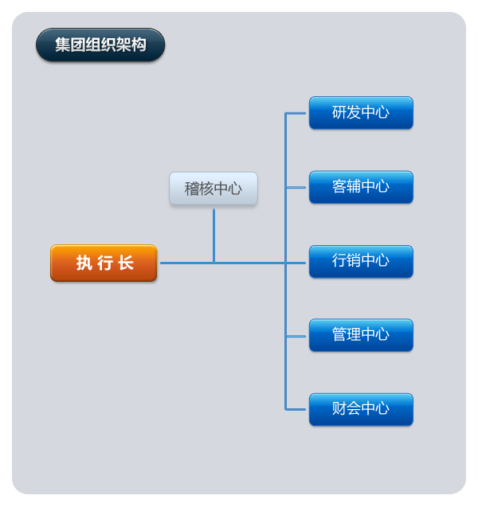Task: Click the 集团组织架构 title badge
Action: pos(100,45)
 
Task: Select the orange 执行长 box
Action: pos(104,263)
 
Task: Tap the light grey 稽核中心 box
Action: pos(214,189)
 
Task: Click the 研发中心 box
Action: pos(361,113)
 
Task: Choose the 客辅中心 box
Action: pos(361,187)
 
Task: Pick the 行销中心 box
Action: pos(361,262)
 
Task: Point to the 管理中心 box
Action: pos(361,335)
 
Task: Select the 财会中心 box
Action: pos(361,409)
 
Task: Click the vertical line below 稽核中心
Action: pos(214,236)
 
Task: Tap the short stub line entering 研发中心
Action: pos(296,113)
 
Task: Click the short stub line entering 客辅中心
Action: pos(296,187)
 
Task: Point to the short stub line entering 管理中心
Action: pos(296,336)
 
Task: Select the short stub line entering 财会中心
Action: pos(296,409)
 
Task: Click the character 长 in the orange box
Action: pos(126,263)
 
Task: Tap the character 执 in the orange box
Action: pos(84,263)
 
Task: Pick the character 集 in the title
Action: pos(62,45)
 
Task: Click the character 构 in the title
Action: pos(139,45)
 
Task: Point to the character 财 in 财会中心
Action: pos(339,408)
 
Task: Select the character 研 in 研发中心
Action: pos(339,112)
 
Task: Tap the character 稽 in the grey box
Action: pos(191,189)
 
